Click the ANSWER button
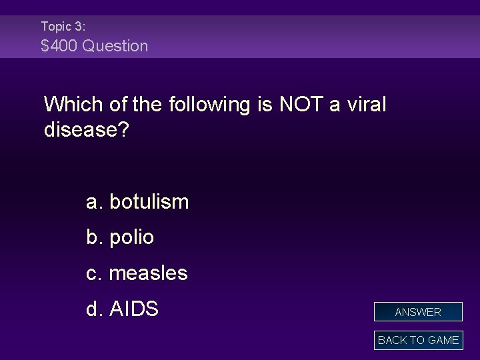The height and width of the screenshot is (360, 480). (x=418, y=312)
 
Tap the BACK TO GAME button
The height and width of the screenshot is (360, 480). (x=418, y=340)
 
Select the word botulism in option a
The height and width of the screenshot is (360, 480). (x=149, y=201)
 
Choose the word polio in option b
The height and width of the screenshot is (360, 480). (x=131, y=237)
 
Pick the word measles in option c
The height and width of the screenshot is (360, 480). (x=148, y=273)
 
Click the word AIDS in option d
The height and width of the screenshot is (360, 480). (x=133, y=309)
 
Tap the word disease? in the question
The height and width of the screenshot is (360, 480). (x=87, y=130)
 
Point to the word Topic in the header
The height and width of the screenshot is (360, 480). (x=55, y=27)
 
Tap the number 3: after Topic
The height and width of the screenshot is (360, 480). (x=79, y=27)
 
